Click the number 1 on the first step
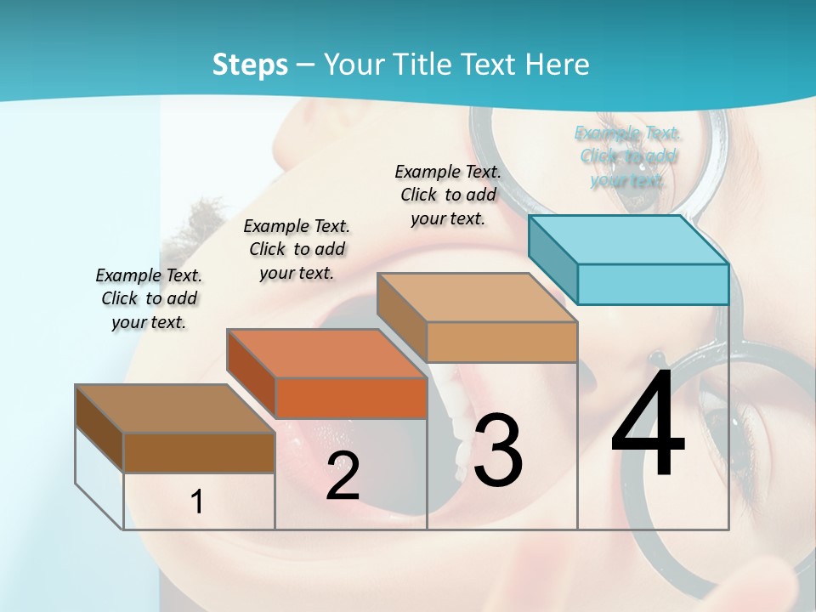[197, 501]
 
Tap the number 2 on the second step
[343, 476]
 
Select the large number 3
[498, 450]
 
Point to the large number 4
[648, 428]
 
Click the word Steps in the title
[250, 65]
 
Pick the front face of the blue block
[653, 284]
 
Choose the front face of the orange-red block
[351, 398]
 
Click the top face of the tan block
[476, 297]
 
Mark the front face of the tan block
[501, 342]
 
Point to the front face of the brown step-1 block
[199, 452]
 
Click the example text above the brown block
[149, 298]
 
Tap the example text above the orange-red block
[297, 249]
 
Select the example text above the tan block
[448, 195]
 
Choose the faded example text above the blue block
[628, 156]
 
